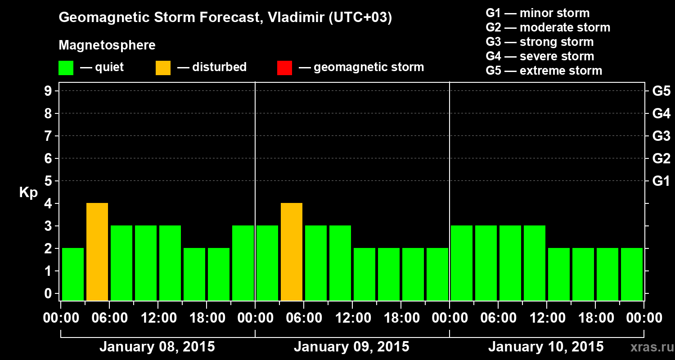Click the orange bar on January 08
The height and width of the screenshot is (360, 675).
click(97, 252)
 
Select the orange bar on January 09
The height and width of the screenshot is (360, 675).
click(292, 252)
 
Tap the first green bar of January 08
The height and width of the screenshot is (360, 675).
click(73, 274)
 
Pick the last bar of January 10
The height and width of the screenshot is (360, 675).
click(632, 274)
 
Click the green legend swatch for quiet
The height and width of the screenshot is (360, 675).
click(66, 68)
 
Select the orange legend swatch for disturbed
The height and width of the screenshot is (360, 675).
click(163, 68)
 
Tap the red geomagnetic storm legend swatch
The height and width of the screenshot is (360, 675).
click(284, 68)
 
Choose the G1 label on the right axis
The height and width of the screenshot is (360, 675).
click(661, 181)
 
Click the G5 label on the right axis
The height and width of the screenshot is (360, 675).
click(661, 91)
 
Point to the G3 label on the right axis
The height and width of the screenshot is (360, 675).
click(661, 136)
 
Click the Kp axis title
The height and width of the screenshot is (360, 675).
click(28, 193)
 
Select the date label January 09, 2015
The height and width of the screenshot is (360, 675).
click(351, 347)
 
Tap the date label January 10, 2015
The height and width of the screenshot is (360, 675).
click(546, 347)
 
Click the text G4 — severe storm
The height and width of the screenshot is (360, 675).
click(540, 56)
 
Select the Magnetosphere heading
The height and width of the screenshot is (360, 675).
click(107, 45)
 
